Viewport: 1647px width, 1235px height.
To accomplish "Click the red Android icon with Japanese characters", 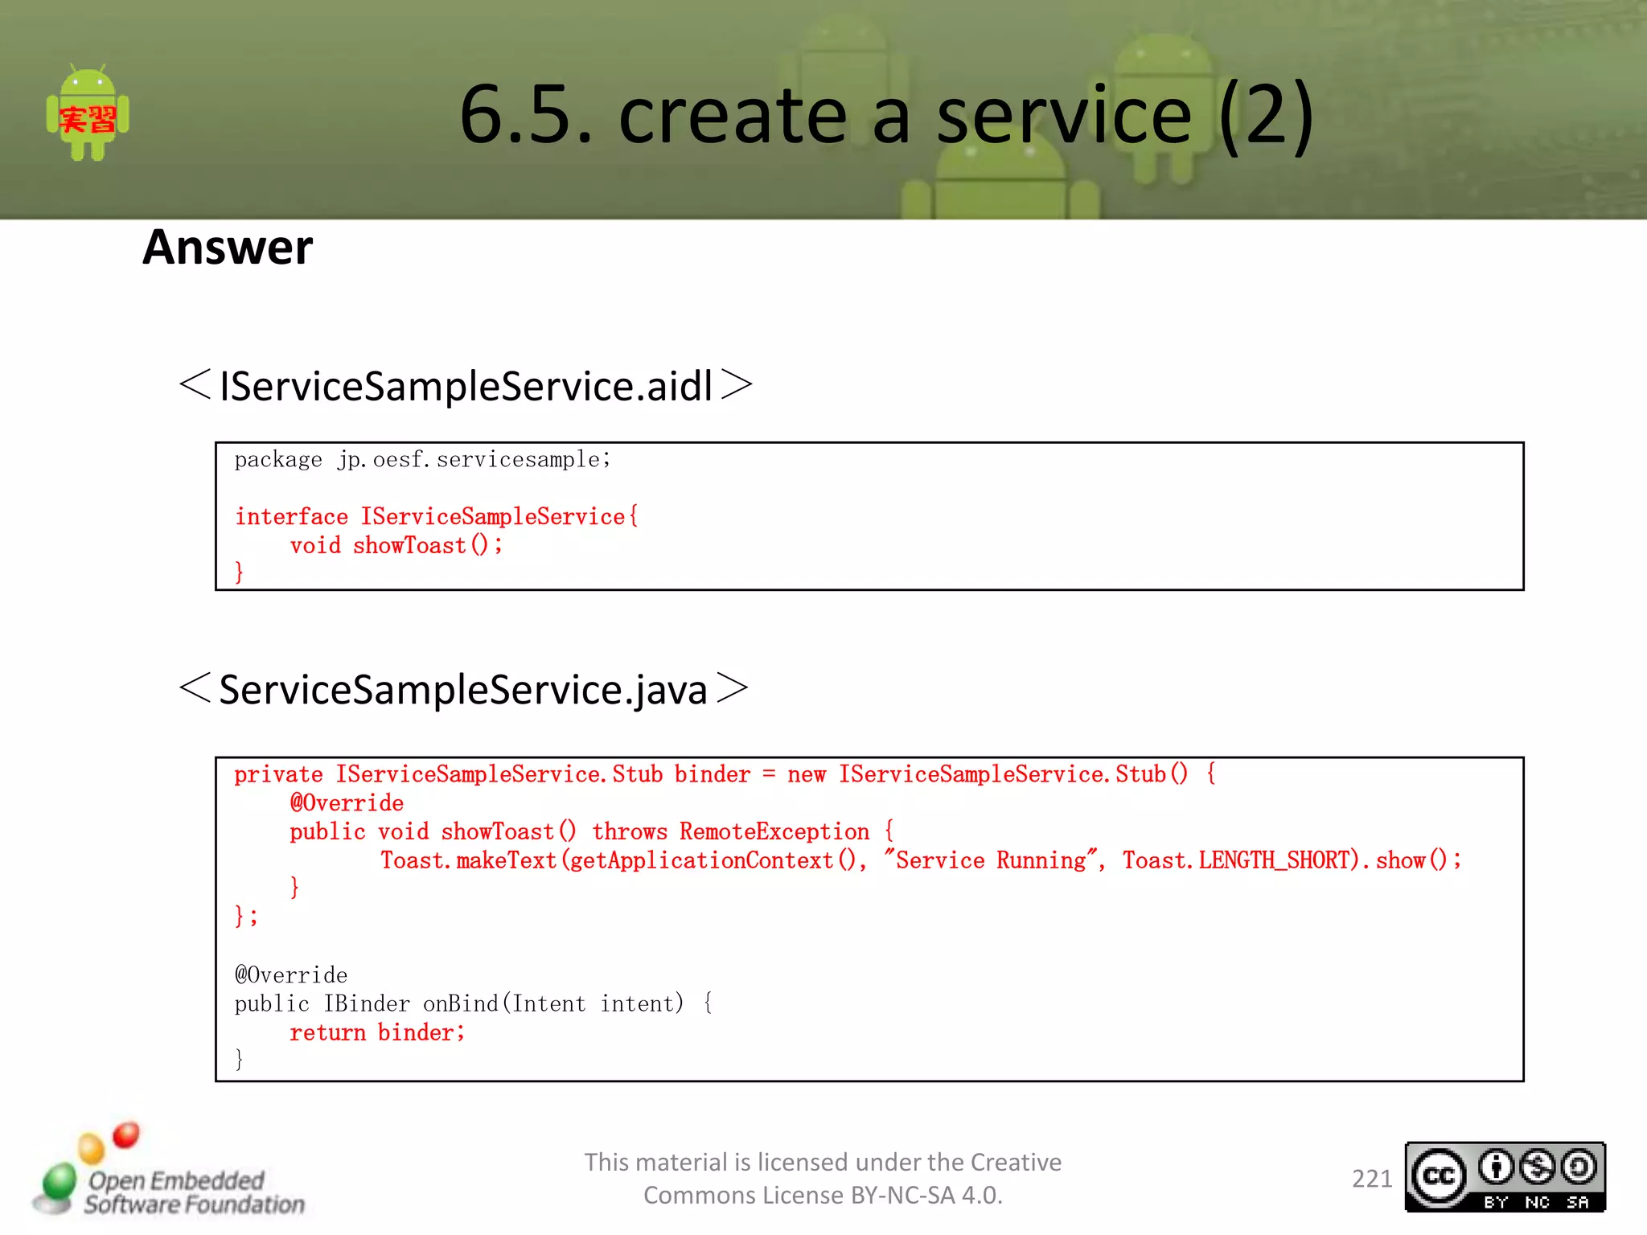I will (88, 113).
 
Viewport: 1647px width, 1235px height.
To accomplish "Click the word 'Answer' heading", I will (228, 248).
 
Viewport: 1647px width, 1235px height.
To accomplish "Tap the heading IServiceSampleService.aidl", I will (466, 386).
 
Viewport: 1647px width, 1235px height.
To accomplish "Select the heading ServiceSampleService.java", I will (463, 690).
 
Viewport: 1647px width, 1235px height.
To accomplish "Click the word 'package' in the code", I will (278, 460).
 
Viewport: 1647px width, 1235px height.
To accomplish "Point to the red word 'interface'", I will (291, 517).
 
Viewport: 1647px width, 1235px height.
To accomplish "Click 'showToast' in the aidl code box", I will (409, 546).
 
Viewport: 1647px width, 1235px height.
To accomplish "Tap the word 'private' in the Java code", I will (278, 774).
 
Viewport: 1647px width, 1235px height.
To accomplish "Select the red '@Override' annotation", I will (347, 803).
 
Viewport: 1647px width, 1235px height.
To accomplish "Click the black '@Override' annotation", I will (291, 975).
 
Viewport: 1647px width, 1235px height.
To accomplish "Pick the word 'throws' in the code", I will (630, 832).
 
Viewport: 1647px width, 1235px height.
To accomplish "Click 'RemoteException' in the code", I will (774, 832).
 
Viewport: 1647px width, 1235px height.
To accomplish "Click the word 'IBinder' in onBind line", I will (367, 1004).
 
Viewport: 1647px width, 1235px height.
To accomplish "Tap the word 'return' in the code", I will (327, 1033).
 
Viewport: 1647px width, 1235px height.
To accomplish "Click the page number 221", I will (1371, 1179).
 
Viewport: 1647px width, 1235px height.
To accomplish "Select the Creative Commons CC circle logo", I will (1439, 1177).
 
